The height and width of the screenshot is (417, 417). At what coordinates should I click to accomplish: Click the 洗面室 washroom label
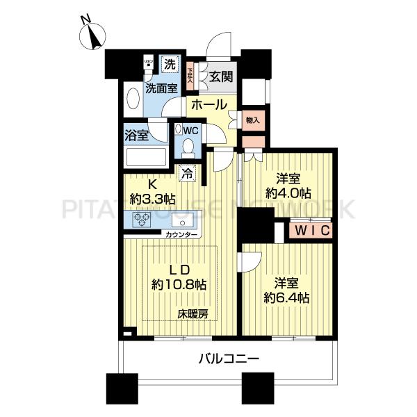161,88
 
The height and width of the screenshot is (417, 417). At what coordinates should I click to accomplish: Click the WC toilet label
192,130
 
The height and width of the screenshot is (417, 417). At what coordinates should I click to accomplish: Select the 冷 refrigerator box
187,174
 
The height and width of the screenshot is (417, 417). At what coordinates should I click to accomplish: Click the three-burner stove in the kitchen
142,222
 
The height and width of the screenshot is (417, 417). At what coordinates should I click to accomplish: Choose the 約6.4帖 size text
286,297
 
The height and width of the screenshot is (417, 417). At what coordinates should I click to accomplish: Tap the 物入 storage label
252,120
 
